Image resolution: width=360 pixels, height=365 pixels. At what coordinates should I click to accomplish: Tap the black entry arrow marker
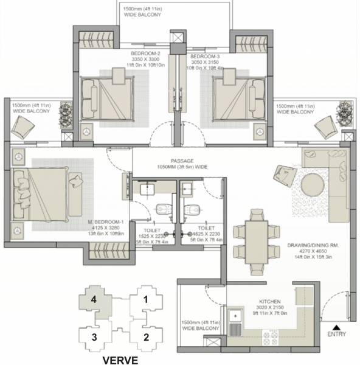coord(336,327)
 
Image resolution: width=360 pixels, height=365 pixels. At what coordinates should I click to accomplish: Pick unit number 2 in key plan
coord(145,336)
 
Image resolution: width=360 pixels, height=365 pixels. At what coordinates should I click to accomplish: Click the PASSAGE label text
coord(182,161)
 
